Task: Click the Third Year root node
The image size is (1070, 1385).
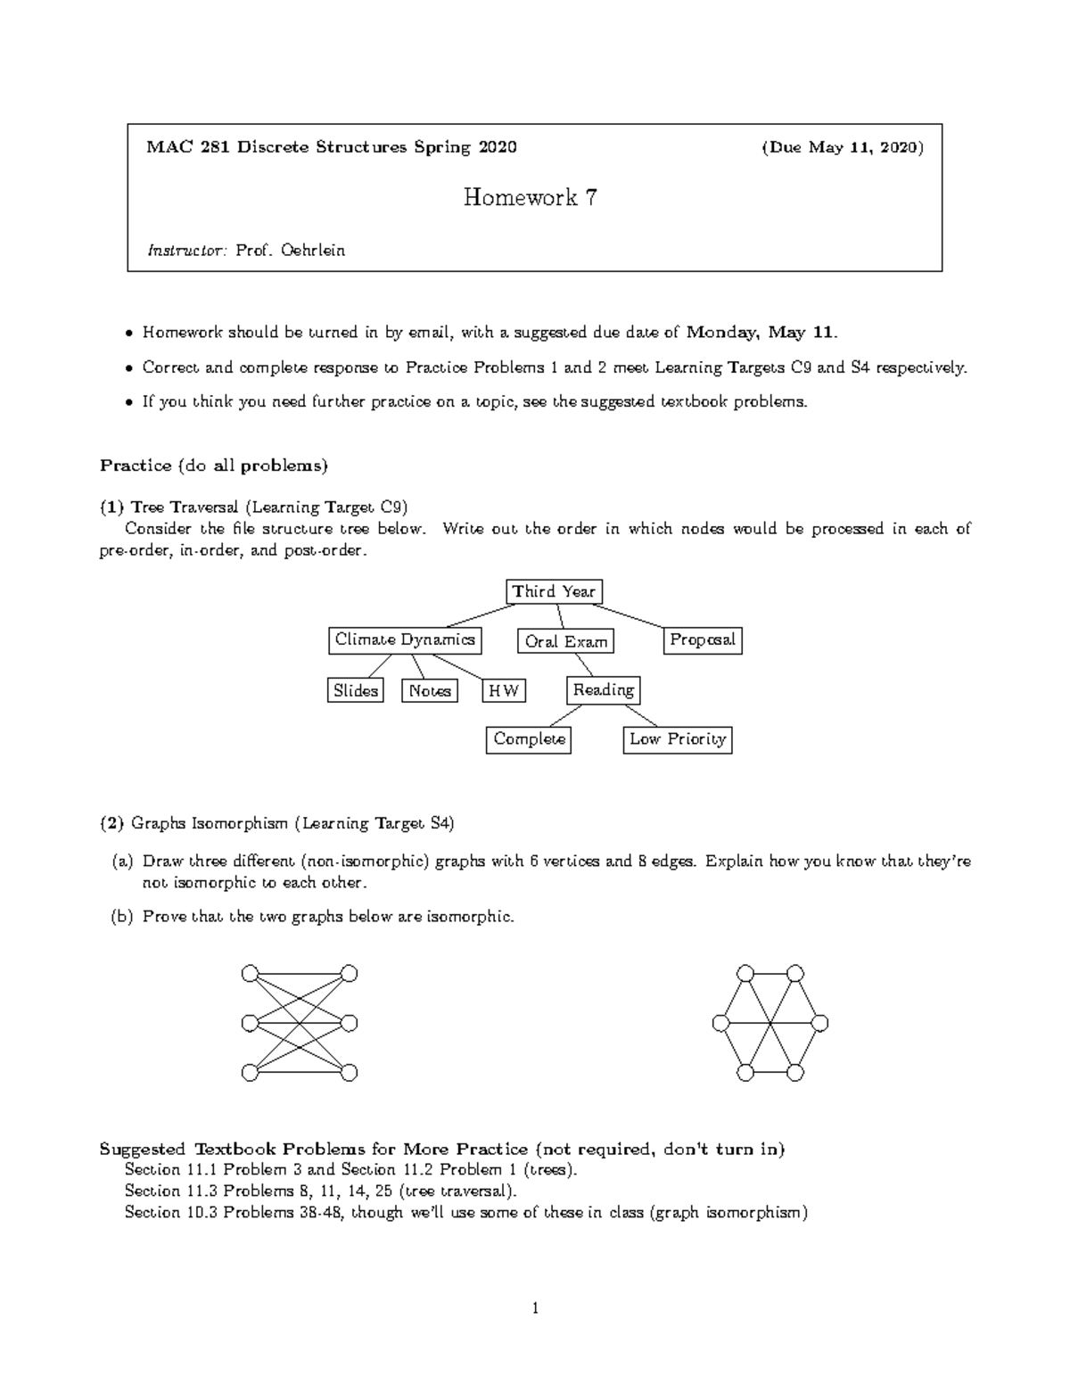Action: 554,591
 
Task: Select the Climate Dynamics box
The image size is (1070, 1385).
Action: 405,640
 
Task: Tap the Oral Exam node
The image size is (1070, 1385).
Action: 565,641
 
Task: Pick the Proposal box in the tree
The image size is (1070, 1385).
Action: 703,640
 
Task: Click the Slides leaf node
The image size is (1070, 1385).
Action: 356,690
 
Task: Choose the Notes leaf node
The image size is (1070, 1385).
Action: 430,690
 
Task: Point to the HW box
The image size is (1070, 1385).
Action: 504,690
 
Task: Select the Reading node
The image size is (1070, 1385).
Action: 604,690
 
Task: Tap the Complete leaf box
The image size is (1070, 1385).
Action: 530,739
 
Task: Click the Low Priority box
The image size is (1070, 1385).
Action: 678,739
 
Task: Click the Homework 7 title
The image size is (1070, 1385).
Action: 530,197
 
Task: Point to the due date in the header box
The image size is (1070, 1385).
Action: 842,147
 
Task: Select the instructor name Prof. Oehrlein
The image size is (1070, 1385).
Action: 290,251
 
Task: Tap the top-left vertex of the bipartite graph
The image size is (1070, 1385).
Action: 250,973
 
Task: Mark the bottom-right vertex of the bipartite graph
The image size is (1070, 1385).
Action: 350,1072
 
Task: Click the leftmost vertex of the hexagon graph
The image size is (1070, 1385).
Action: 720,1023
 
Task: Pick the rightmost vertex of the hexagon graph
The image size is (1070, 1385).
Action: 820,1023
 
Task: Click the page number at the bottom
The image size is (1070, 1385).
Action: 535,1309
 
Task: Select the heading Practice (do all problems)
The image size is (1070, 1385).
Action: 214,465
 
